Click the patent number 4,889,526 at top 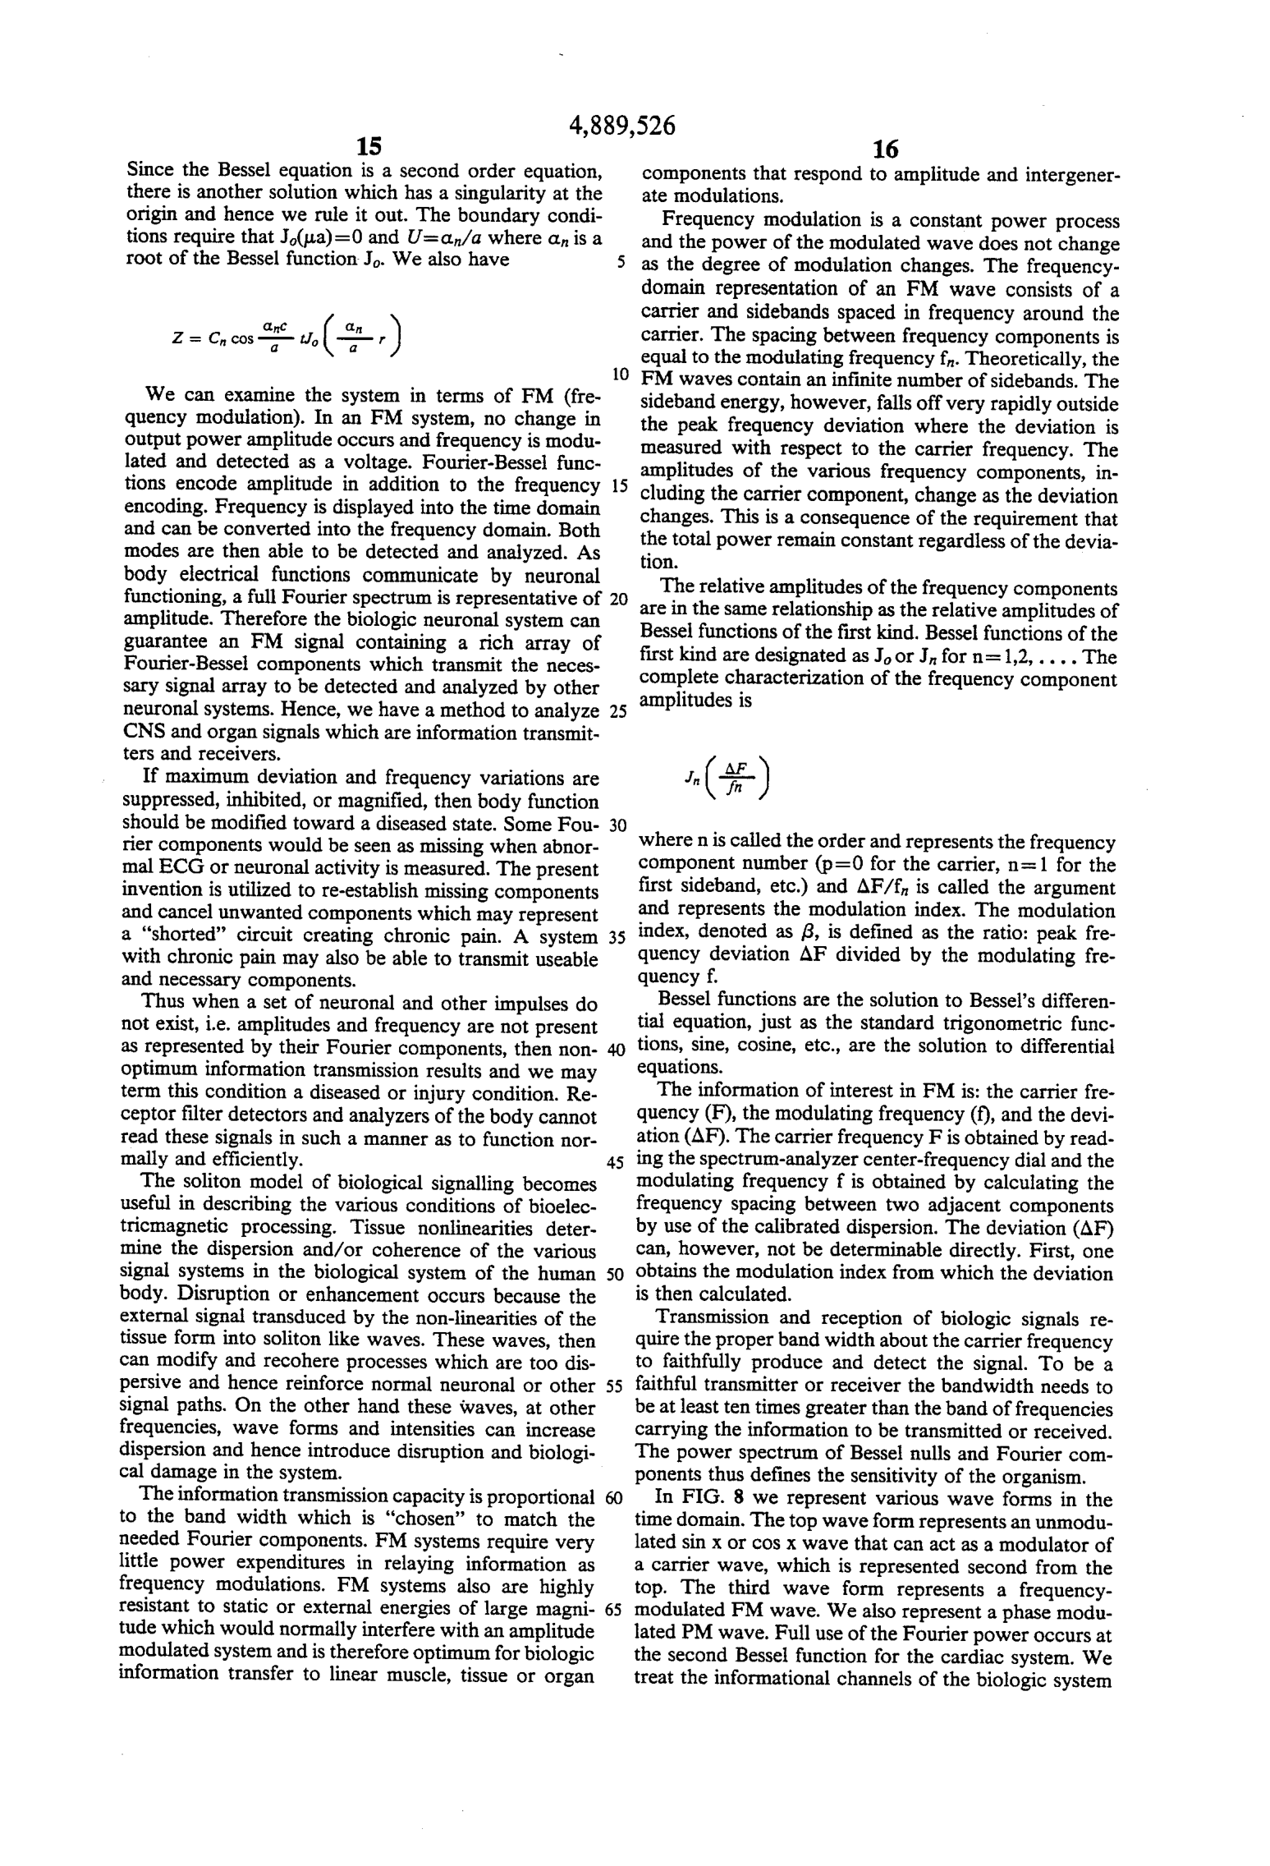(x=621, y=126)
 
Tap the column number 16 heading (x=886, y=149)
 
